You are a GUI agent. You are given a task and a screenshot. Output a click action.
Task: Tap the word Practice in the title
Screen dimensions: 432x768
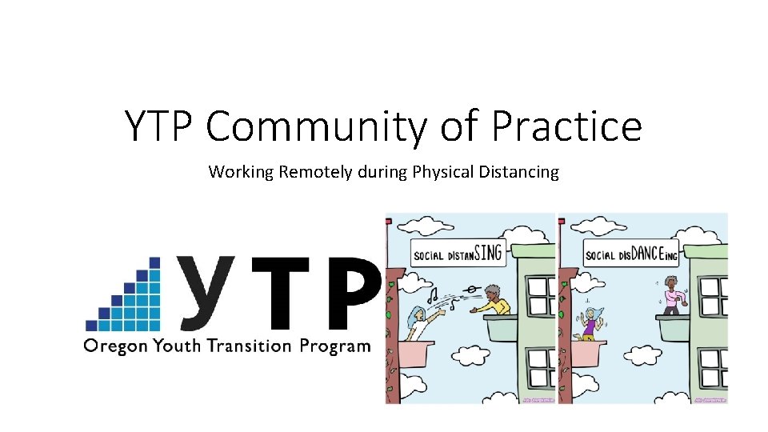coord(566,126)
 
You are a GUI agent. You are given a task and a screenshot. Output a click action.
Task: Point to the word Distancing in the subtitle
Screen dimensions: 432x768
coord(520,171)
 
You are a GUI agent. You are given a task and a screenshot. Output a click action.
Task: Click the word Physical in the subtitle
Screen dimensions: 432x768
coord(443,171)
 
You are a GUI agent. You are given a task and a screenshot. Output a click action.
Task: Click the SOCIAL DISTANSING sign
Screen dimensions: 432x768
coord(458,254)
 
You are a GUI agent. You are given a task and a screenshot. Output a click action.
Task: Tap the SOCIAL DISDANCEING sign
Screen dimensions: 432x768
coord(631,254)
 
